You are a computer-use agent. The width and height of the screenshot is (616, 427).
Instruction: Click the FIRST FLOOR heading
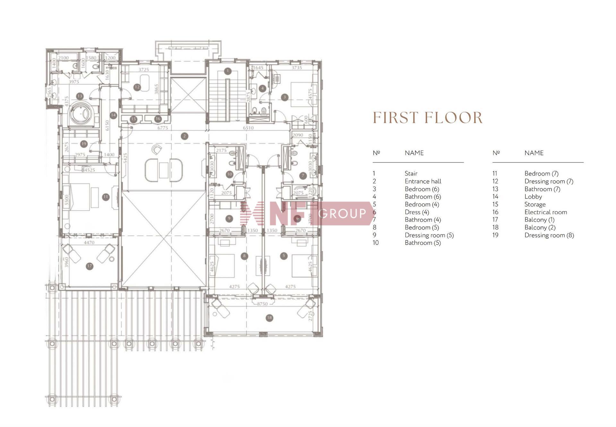coord(428,118)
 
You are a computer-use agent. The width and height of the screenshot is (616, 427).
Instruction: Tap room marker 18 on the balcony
coord(269,318)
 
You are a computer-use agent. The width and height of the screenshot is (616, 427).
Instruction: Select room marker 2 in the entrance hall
coord(184,136)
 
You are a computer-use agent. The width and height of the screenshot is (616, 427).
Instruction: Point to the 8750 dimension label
coord(262,304)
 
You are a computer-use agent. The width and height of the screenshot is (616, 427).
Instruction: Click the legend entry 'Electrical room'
coord(545,212)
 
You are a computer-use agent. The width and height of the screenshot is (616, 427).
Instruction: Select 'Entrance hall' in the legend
coord(423,181)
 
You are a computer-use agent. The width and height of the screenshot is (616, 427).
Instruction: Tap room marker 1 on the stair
coord(227,71)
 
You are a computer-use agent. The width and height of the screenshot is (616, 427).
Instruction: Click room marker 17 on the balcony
coord(90,266)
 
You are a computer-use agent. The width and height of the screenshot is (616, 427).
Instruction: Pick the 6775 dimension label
coord(163,128)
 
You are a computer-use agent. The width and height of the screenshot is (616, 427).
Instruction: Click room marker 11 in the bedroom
coord(106,197)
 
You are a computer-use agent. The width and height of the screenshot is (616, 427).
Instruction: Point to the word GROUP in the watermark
coord(343,213)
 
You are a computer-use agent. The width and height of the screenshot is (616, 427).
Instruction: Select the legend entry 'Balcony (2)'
coord(540,228)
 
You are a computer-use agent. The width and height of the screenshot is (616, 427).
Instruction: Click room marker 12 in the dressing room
coord(137,87)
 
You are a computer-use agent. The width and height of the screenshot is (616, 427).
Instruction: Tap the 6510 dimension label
coord(248,128)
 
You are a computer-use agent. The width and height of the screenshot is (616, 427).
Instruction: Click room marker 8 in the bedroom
coord(244,256)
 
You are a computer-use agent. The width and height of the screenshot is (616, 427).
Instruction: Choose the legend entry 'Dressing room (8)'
coord(549,235)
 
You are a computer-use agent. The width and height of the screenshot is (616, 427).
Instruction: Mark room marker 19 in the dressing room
coord(84,144)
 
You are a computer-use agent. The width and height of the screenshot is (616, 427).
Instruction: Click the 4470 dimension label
coord(89,243)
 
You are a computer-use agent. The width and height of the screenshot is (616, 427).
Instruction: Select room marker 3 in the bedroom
coord(284,97)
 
